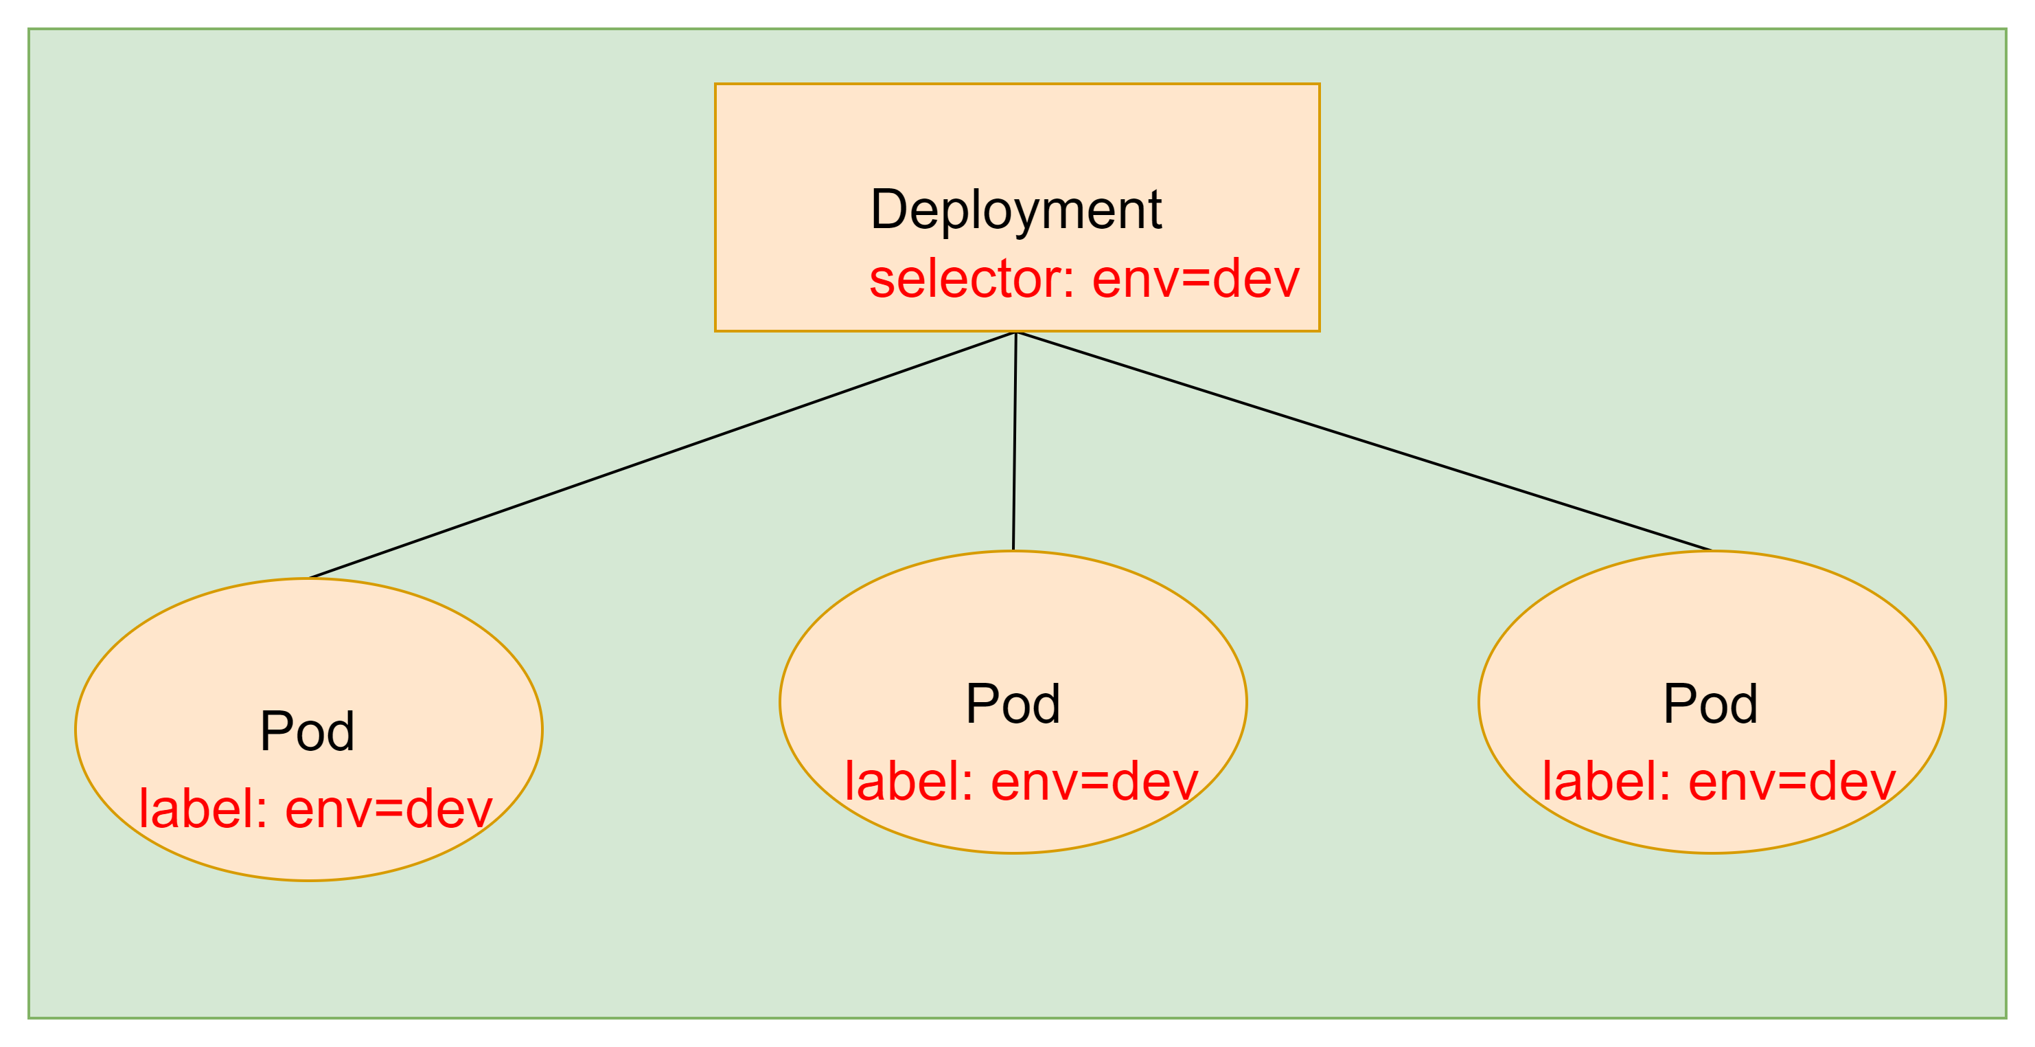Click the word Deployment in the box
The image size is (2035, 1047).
[1016, 211]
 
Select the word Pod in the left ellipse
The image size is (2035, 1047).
[308, 731]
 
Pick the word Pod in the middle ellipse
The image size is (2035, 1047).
[1013, 703]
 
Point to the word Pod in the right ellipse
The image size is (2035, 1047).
[1710, 703]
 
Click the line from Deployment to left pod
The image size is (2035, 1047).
[662, 455]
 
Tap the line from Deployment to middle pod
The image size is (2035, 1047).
[1014, 441]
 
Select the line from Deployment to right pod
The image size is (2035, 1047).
[1364, 441]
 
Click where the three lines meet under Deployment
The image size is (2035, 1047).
[1016, 333]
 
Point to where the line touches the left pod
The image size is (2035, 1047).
[309, 578]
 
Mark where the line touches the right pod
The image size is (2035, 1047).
[1712, 551]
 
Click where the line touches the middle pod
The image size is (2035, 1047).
[1013, 551]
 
